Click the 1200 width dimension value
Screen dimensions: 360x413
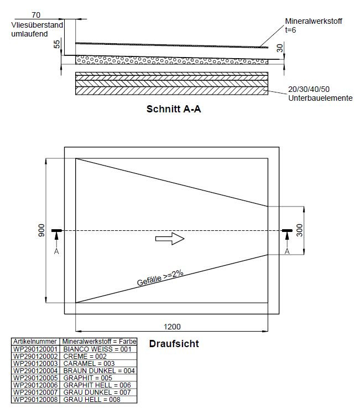pos(172,327)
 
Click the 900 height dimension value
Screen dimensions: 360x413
pos(41,230)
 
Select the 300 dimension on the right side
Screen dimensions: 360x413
pos(300,230)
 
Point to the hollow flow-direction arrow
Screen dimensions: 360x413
pos(170,239)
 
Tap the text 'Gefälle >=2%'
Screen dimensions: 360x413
pos(160,278)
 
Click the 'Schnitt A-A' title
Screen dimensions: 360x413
pos(174,109)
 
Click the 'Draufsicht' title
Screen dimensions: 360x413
pos(174,344)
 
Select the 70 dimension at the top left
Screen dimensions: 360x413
pos(36,15)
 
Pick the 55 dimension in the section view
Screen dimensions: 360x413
pos(57,44)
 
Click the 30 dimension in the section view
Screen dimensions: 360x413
pos(280,48)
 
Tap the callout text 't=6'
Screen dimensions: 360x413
pos(290,30)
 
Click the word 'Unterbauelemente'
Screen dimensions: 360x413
pos(320,98)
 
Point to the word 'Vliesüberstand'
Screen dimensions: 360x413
pos(37,25)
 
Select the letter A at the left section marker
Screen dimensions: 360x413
pos(56,251)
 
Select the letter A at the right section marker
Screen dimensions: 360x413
pos(287,251)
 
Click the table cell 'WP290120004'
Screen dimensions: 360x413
pos(35,370)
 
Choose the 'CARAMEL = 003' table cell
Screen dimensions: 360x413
pos(89,364)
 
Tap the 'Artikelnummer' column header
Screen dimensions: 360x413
pos(35,342)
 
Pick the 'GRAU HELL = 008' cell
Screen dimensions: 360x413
pos(92,399)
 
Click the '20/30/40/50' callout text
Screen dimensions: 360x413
pos(309,89)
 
